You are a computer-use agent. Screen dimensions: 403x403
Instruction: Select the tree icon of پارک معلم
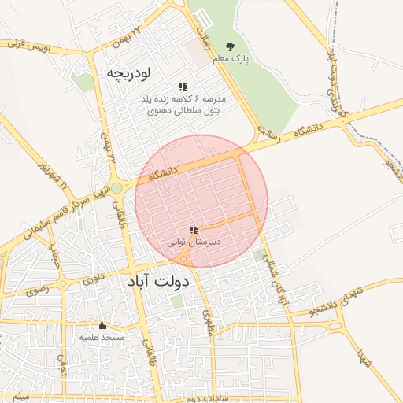[x=230, y=47]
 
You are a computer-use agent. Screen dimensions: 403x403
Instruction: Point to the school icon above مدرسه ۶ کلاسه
[x=183, y=87]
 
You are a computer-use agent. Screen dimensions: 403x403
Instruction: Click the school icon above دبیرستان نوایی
[x=194, y=230]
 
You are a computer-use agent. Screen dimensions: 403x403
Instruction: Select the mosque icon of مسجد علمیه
[x=101, y=325]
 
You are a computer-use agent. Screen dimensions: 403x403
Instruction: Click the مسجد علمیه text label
[x=102, y=337]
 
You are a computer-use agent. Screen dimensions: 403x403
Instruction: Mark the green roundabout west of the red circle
[x=117, y=188]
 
